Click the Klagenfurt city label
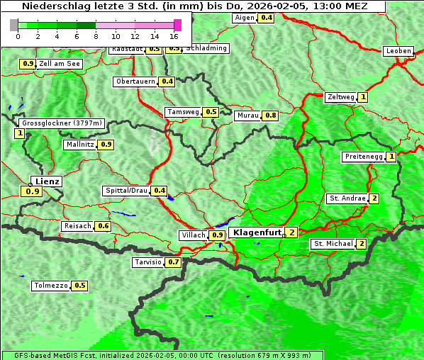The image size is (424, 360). tap(256, 232)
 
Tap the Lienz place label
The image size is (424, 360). tap(47, 181)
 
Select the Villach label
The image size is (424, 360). tap(194, 235)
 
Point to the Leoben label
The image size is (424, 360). tap(398, 51)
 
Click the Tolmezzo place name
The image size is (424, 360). tap(50, 286)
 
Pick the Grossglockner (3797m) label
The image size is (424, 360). tap(62, 123)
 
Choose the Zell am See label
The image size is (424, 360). tap(60, 64)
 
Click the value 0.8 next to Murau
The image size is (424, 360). tap(270, 115)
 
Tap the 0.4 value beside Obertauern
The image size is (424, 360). tap(167, 81)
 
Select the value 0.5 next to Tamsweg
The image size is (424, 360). tap(211, 112)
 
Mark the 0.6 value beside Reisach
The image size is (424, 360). tap(104, 226)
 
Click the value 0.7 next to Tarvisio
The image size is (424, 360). tap(174, 262)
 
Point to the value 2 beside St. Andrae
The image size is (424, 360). tap(374, 198)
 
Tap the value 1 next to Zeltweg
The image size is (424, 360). tap(363, 97)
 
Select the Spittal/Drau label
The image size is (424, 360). tap(125, 191)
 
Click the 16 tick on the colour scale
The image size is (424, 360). tap(174, 35)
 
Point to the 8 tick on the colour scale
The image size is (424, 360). tap(96, 35)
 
